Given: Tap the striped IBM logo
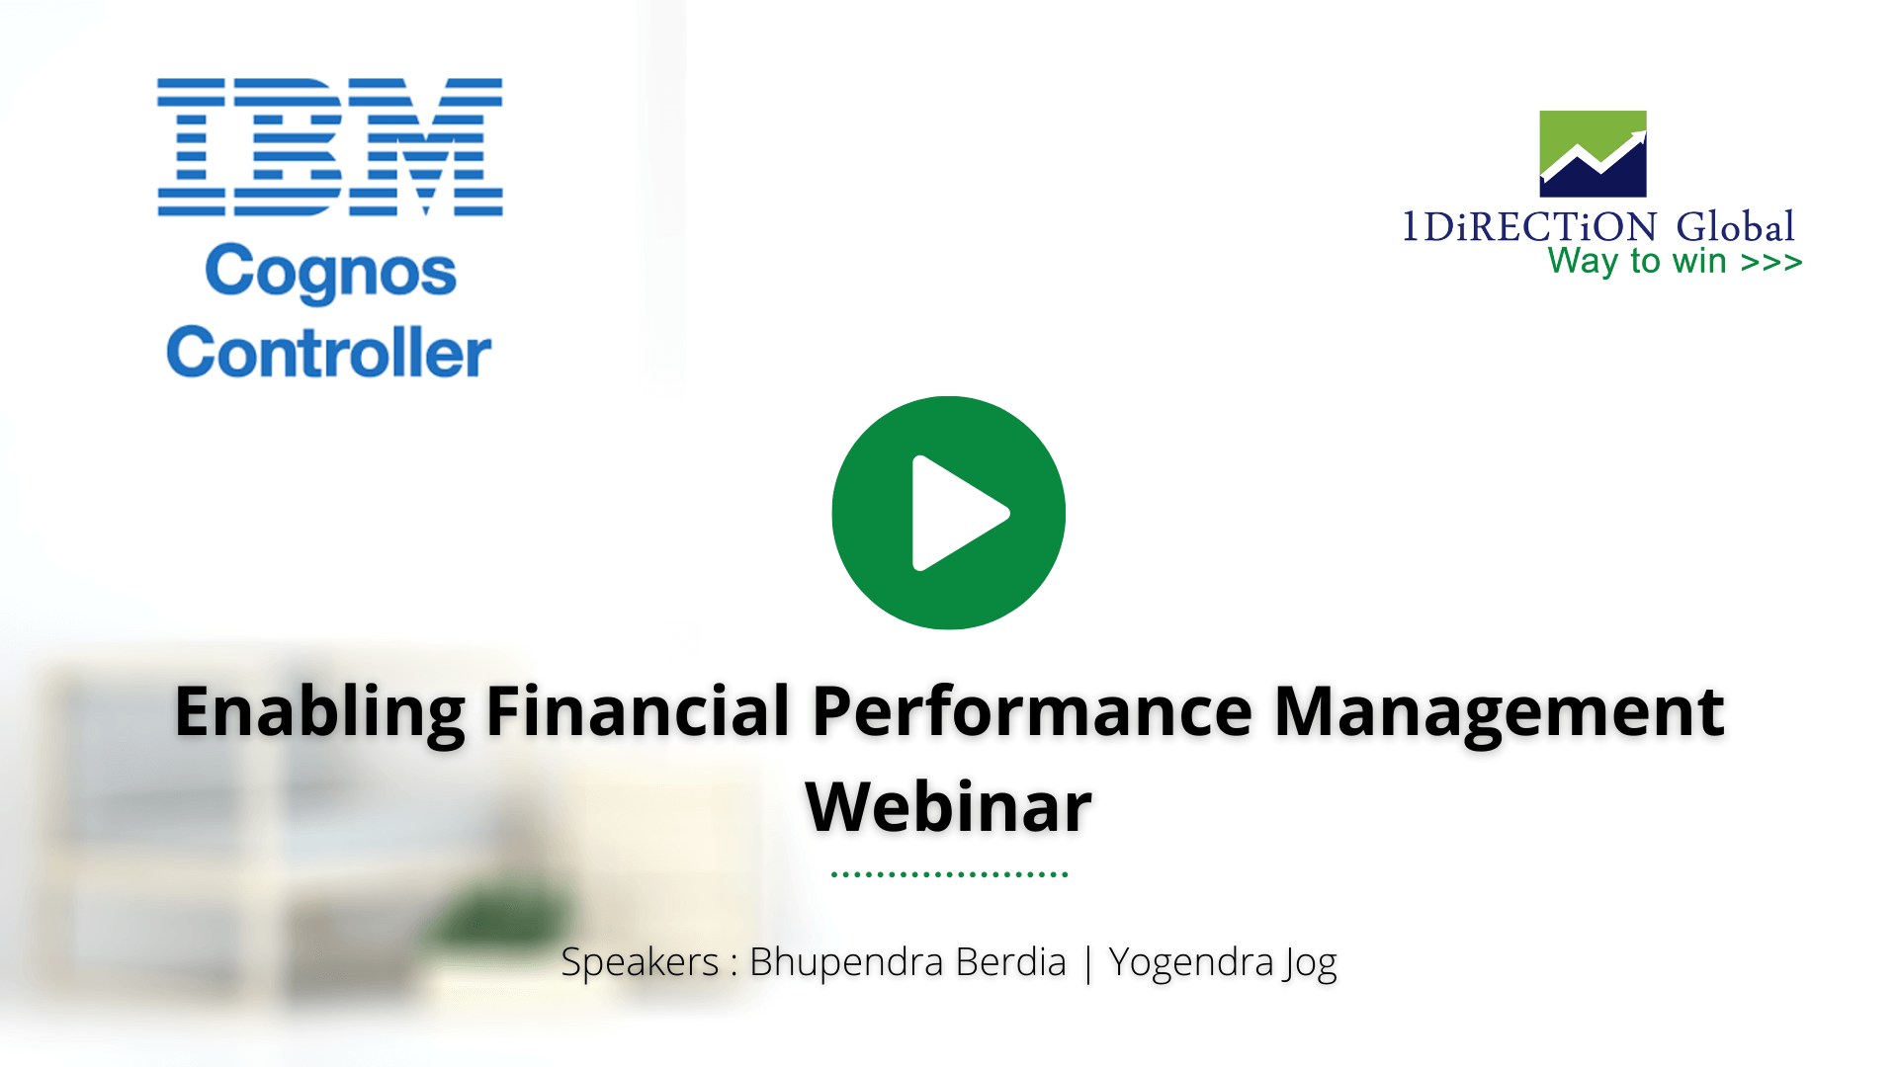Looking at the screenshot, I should [x=330, y=147].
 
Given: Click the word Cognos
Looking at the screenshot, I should [x=330, y=272].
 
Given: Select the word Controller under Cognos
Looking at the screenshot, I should [x=329, y=353].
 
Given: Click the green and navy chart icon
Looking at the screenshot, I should [x=1593, y=154].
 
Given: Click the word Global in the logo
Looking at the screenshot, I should [x=1735, y=227].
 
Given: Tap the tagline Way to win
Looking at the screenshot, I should [x=1637, y=262].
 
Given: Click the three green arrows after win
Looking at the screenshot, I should [x=1771, y=263].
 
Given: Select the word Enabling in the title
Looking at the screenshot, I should [x=319, y=711].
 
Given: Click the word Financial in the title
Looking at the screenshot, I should [x=639, y=711].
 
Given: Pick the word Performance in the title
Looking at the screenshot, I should [x=1032, y=711].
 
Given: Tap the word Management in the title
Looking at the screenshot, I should [x=1499, y=711].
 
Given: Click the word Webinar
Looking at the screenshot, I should [x=949, y=807].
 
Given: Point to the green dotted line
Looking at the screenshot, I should [x=949, y=874].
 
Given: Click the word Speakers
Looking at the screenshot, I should [x=640, y=962].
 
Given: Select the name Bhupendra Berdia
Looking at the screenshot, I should [x=907, y=962].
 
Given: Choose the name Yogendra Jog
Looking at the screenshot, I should [x=1222, y=962].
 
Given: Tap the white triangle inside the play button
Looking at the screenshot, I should [x=955, y=513].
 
